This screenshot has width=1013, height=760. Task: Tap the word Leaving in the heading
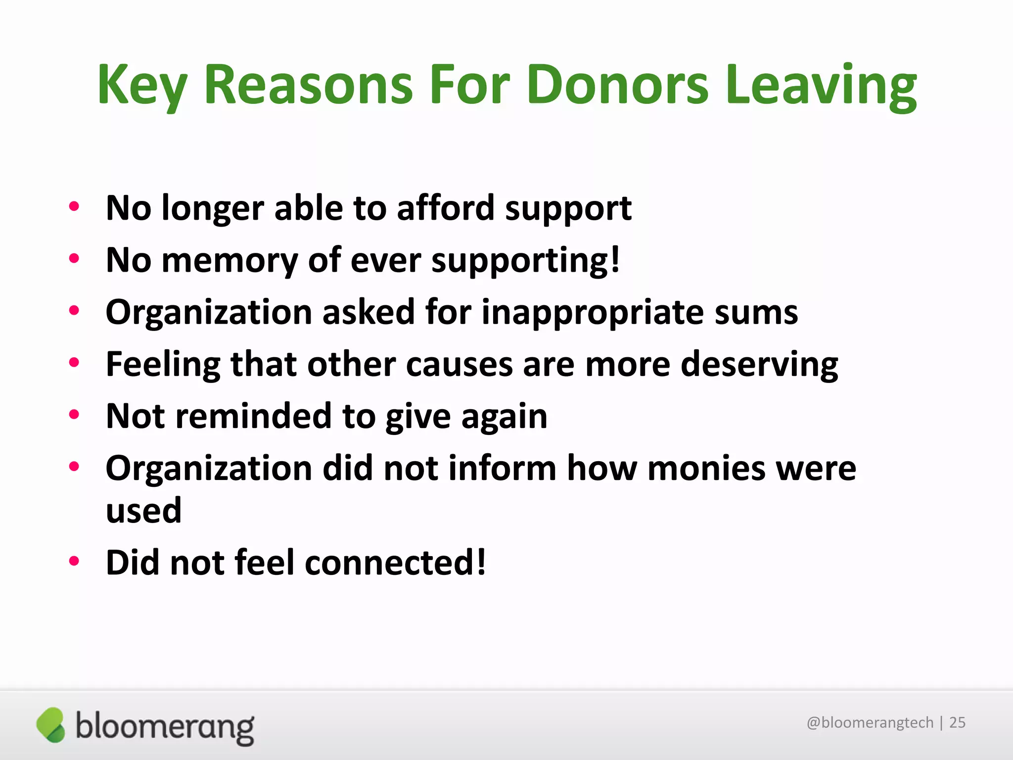tap(822, 85)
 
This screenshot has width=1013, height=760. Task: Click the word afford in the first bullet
tap(445, 208)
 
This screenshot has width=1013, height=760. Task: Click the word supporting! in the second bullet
tap(525, 260)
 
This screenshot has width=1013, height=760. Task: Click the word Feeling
tap(163, 365)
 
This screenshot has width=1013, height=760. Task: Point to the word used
tap(144, 510)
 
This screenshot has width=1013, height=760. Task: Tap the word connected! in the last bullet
tap(396, 563)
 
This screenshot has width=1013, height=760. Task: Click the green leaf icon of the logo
tap(51, 725)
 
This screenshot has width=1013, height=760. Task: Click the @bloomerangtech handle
tap(870, 723)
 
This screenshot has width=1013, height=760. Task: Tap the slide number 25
tap(958, 723)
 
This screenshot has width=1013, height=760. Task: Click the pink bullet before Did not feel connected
tap(74, 561)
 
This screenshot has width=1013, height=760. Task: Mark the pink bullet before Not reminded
tap(74, 414)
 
